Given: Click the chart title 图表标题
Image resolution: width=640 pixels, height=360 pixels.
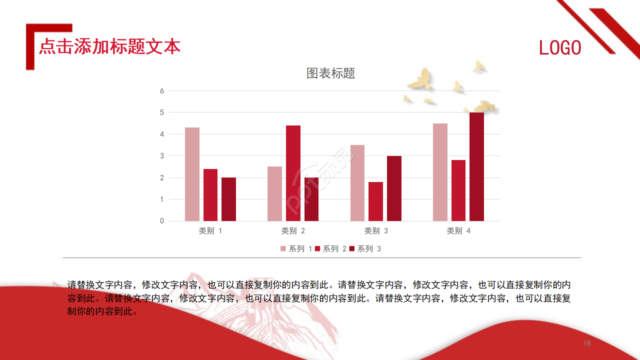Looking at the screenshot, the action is [x=330, y=73].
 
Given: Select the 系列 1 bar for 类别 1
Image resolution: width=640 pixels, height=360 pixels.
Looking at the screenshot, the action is [x=192, y=174].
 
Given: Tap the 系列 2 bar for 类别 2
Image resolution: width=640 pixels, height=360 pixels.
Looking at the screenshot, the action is [x=293, y=173].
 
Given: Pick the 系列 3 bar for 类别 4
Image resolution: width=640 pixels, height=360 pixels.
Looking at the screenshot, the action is [x=476, y=166].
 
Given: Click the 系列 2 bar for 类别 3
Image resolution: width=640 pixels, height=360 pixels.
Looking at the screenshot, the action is [x=375, y=201].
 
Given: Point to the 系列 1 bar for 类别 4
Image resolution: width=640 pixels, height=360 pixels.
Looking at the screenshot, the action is [x=440, y=172].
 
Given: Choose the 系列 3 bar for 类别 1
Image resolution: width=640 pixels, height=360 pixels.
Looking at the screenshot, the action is [x=228, y=199].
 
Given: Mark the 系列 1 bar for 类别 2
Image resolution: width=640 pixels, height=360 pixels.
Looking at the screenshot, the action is [x=274, y=193].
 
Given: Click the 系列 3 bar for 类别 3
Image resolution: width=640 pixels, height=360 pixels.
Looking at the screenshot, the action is [x=394, y=188].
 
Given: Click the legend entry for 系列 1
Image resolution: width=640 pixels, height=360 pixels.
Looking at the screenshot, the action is [x=296, y=249].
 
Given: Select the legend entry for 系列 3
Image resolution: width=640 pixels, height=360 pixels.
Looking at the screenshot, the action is [x=365, y=249].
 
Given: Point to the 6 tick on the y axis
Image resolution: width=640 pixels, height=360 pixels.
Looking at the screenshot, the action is [x=162, y=91].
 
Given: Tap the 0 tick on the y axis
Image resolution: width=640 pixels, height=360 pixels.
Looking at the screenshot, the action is [x=162, y=221].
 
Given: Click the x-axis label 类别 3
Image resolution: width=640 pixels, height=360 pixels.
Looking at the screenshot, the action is [x=376, y=231].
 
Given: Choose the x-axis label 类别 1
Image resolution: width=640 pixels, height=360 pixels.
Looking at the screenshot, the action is [x=210, y=231].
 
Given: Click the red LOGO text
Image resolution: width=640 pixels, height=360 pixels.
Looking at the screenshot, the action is [x=560, y=47].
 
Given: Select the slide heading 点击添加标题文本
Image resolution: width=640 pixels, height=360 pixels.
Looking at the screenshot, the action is [x=109, y=46].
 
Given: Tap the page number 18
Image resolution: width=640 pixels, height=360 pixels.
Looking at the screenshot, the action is [x=587, y=343].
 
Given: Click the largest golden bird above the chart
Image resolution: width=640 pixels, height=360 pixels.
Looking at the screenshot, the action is [x=420, y=79].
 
